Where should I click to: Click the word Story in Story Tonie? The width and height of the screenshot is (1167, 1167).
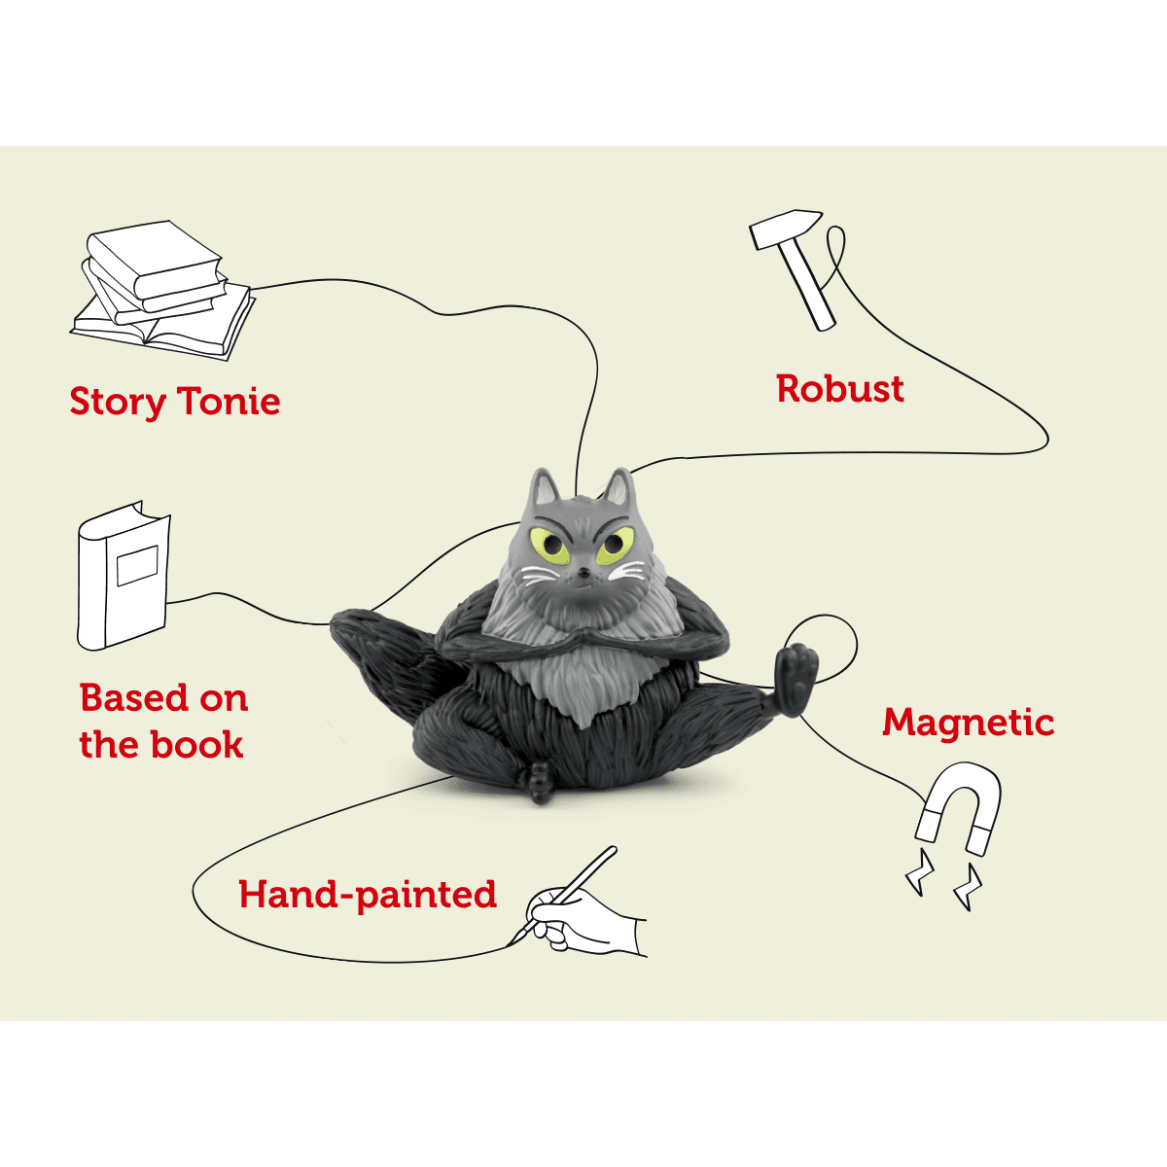(x=117, y=402)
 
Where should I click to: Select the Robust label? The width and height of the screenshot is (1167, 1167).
(x=840, y=388)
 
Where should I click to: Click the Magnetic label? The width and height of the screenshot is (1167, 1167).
(x=968, y=722)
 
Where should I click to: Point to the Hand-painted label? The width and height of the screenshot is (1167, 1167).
(x=368, y=894)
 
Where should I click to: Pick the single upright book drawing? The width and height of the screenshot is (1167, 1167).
(x=123, y=576)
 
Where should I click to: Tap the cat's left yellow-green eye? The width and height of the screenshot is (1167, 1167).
(x=548, y=546)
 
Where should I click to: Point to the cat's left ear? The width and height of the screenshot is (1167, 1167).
(x=543, y=487)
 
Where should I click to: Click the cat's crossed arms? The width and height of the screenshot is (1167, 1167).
(x=583, y=637)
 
